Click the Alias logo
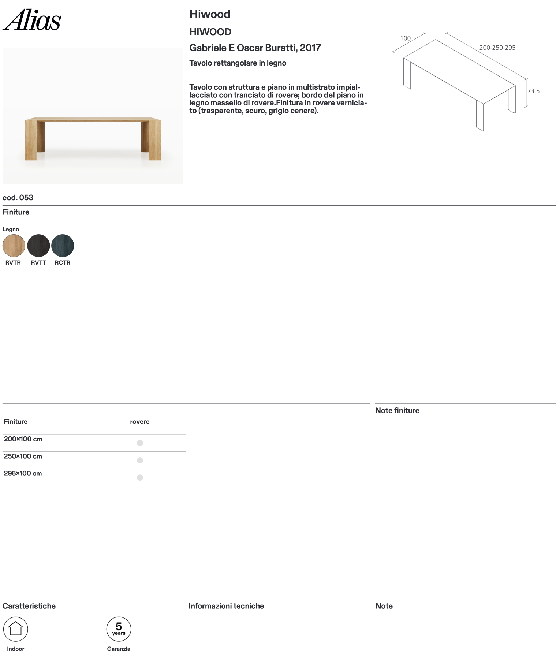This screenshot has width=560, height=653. coord(32,20)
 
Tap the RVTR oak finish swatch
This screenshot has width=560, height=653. coord(14,246)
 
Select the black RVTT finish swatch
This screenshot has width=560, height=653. coord(38,246)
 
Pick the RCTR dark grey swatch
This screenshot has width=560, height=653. coord(63,246)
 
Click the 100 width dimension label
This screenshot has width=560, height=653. coord(405,38)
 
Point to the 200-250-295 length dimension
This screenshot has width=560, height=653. coord(497,48)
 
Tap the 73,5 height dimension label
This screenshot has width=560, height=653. coord(533,91)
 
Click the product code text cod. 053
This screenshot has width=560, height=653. coord(18,198)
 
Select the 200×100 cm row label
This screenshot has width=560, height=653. coord(23,439)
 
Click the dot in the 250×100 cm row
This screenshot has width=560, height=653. coord(140,460)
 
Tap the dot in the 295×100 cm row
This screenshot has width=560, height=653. coord(140,477)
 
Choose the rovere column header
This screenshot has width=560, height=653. coord(140,422)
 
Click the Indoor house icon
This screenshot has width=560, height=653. coord(16,629)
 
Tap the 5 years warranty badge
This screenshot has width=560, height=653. coord(119,629)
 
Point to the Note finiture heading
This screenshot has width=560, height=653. coord(397,411)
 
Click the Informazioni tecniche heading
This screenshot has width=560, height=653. coord(226,606)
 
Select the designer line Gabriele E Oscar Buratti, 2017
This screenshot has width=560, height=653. coord(255,48)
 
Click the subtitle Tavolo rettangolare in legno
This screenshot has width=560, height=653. coord(238,63)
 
